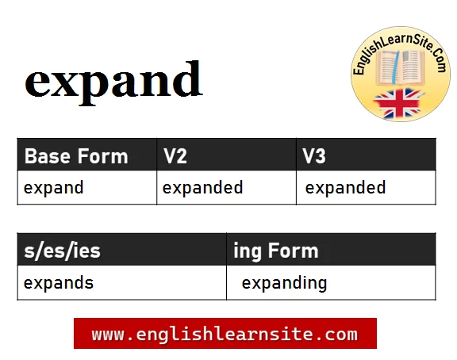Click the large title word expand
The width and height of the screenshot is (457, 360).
113,80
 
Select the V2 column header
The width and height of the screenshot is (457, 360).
175,156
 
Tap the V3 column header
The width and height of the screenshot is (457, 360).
314,156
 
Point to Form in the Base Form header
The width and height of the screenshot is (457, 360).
102,156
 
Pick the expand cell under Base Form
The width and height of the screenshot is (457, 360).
54,188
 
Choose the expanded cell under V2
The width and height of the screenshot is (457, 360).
202,188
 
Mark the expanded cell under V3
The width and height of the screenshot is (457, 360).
345,188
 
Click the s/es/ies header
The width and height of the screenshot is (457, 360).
62,251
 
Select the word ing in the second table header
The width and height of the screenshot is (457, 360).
248,252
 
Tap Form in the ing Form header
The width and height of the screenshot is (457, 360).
293,251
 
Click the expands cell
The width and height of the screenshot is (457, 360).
59,283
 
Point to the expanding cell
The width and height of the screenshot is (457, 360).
284,283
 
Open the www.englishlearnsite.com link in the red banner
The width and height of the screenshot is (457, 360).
225,334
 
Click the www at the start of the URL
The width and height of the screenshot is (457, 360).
106,334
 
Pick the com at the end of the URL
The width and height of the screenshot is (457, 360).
344,334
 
